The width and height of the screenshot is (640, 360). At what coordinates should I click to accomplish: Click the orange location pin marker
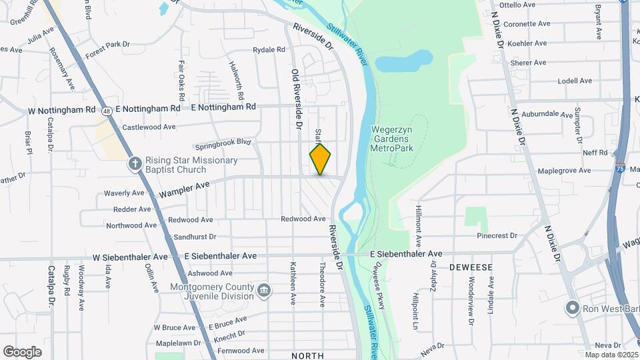point(320,159)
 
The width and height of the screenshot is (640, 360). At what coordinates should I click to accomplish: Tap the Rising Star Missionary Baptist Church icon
point(135,163)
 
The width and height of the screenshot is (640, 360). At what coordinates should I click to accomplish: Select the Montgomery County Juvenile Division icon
point(264,290)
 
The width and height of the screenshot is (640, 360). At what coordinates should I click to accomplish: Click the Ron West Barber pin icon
point(571,308)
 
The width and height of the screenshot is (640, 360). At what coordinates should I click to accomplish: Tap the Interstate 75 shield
point(620,170)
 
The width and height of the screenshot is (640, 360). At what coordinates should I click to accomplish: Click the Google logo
point(22,351)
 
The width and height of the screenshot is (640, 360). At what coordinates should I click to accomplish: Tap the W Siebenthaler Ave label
point(130,256)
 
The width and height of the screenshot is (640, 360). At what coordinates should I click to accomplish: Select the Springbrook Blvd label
point(223,144)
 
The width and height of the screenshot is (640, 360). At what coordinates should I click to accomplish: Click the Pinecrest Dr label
point(497,235)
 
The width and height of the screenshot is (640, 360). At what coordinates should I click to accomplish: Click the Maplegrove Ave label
point(564,171)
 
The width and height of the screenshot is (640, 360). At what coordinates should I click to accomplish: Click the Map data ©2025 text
point(609,355)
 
